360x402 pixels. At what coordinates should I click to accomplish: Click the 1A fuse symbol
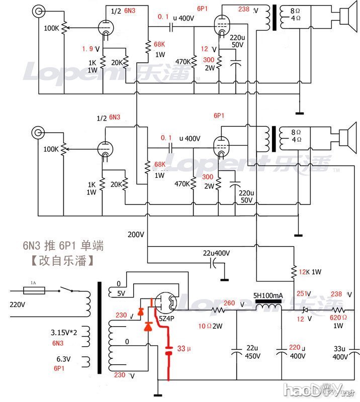pos(35,290)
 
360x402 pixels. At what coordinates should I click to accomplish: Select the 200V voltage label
pos(136,235)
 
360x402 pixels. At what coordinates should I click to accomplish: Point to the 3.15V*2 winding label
pos(64,332)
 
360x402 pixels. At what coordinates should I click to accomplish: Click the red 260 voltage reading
pos(229,303)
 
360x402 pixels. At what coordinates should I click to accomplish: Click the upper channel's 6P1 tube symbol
pos(221,23)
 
